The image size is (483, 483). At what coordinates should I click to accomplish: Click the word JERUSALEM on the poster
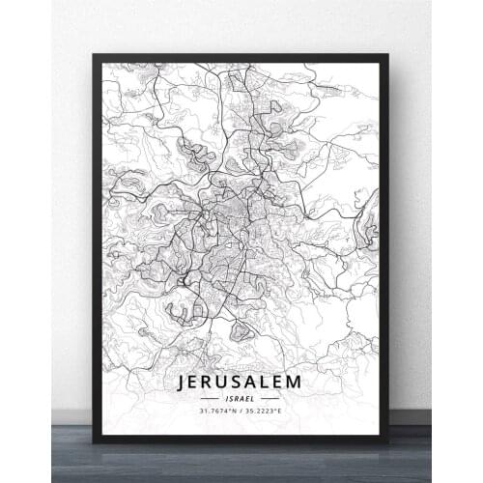pyautogui.click(x=240, y=382)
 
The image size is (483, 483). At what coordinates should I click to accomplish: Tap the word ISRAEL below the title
pyautogui.click(x=240, y=398)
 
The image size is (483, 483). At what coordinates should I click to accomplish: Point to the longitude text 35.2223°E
pyautogui.click(x=265, y=411)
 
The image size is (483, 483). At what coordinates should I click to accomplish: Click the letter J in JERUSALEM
pyautogui.click(x=183, y=382)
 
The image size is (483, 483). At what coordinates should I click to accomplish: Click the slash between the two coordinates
pyautogui.click(x=241, y=411)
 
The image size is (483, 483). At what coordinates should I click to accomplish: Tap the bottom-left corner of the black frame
pyautogui.click(x=94, y=441)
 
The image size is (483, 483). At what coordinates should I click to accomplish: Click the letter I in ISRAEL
pyautogui.click(x=226, y=398)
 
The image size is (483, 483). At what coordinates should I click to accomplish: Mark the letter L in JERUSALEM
pyautogui.click(x=265, y=382)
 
